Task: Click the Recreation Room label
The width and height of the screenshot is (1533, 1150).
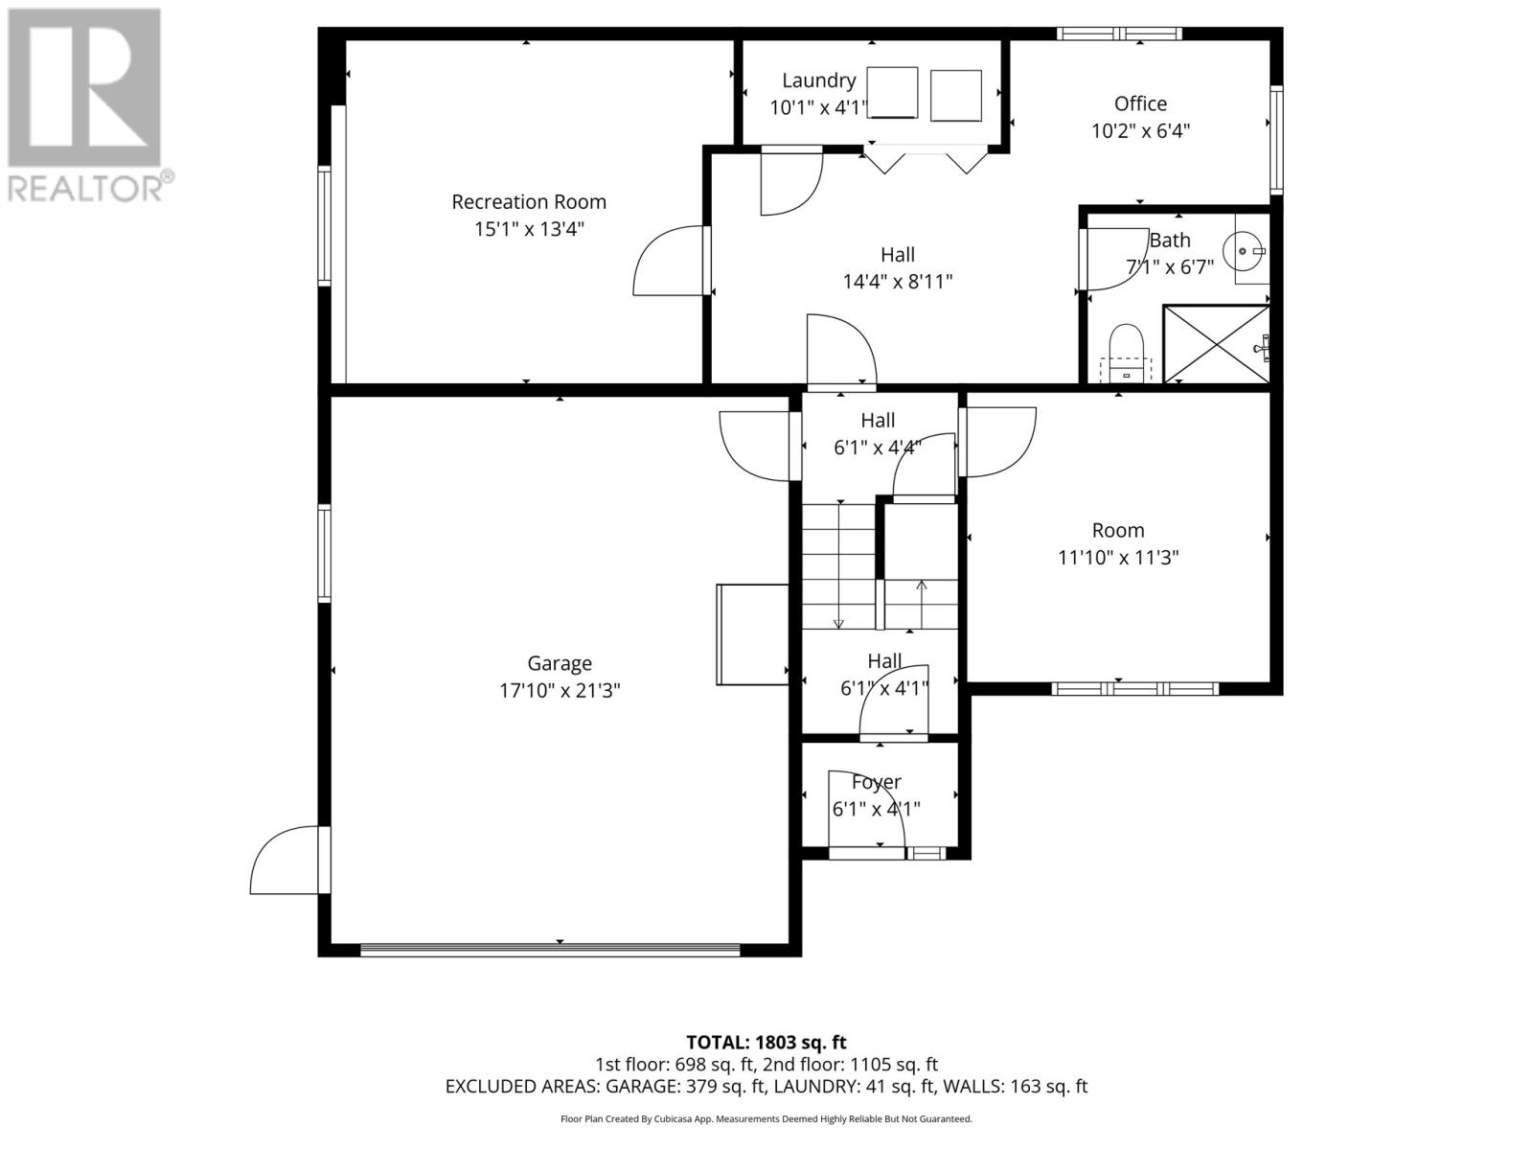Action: (x=529, y=202)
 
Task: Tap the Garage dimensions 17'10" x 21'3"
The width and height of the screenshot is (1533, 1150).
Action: (x=560, y=690)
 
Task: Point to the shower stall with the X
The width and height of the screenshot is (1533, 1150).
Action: (x=1215, y=343)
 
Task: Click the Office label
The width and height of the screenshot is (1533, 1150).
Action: (x=1140, y=103)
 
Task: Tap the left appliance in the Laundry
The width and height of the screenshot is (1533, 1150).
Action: (x=893, y=93)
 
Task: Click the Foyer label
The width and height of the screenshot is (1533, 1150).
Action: (x=876, y=782)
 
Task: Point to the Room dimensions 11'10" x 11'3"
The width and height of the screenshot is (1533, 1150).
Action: (x=1118, y=558)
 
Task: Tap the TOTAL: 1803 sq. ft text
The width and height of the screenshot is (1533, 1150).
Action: (x=766, y=1042)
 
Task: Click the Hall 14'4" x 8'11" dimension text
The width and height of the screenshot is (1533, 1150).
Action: (x=898, y=282)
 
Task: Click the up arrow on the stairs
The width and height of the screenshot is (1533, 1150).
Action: (x=922, y=587)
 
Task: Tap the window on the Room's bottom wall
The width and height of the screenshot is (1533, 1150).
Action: (x=1134, y=688)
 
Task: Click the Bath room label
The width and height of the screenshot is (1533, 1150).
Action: (x=1170, y=240)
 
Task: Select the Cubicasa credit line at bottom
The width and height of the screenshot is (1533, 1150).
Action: (x=766, y=1118)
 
